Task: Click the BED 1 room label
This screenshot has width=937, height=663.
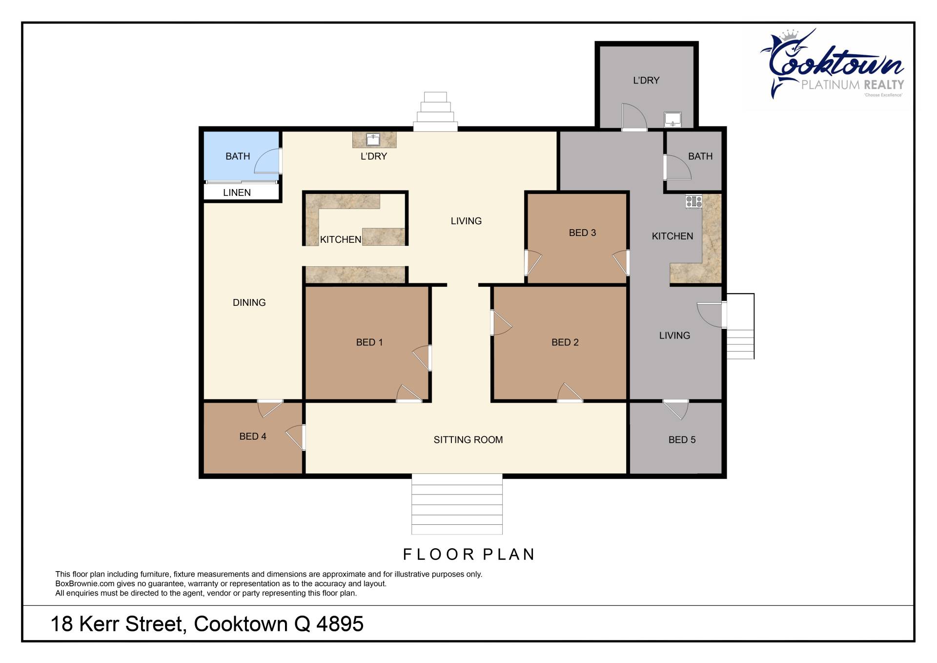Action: coord(369,342)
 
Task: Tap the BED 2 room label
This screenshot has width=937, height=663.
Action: coord(565,342)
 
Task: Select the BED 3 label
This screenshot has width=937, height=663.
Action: coord(582,233)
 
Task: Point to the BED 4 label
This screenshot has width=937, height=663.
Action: coord(252,437)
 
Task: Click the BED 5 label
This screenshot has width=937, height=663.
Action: coord(682,440)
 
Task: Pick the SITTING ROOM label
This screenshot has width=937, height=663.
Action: coord(468,440)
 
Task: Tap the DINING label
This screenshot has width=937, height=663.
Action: coord(249,303)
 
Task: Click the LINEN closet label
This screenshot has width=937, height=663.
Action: coord(237,192)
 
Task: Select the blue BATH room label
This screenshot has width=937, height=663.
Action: coord(237,156)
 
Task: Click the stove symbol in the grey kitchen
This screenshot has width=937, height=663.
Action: coord(693,201)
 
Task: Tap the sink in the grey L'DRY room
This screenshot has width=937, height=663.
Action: coord(672,119)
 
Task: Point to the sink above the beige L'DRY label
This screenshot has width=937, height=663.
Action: coord(373,139)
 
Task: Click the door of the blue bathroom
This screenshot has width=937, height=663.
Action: coord(268,161)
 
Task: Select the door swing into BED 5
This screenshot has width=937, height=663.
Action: coord(676,409)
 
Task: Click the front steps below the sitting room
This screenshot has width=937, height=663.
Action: coord(457,504)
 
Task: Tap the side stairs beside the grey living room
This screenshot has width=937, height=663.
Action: coord(740,326)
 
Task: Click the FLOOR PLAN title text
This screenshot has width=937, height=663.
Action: coord(469,555)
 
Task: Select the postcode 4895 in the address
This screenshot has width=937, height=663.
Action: coord(340,624)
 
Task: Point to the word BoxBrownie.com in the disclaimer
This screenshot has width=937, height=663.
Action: coord(85,584)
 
